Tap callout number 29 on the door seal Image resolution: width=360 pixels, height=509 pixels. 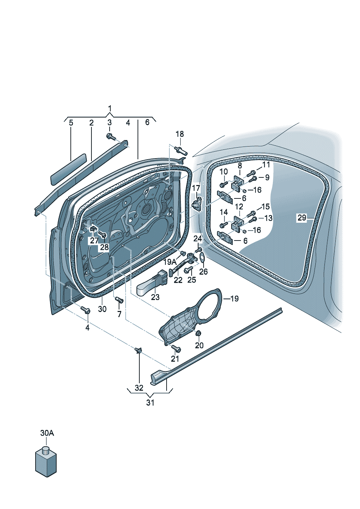(302, 218)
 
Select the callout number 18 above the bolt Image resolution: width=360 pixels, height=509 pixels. (180, 134)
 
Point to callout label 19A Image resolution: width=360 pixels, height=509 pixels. (169, 262)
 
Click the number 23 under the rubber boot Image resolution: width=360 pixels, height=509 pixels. (155, 297)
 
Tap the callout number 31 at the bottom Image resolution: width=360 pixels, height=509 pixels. (150, 402)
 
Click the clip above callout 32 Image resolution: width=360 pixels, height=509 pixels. (138, 350)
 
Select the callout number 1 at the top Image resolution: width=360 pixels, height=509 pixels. (110, 108)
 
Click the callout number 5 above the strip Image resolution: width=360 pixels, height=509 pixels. (71, 123)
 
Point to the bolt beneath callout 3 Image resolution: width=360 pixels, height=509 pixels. (110, 137)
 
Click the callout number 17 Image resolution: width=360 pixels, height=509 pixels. (196, 188)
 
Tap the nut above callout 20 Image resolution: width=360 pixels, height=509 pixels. (198, 333)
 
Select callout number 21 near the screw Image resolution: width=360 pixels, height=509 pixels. (175, 358)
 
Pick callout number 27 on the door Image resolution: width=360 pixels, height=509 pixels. (94, 240)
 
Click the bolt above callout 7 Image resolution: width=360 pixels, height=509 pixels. (119, 300)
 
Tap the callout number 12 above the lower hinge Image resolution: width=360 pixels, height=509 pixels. (239, 206)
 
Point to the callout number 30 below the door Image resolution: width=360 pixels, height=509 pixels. (102, 309)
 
